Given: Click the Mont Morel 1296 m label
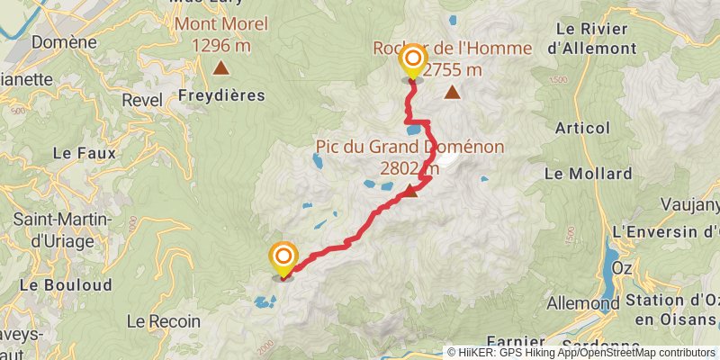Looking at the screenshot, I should pos(220,33).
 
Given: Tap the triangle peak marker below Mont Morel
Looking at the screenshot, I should pos(220,67).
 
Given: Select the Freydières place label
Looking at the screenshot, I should pos(220,94).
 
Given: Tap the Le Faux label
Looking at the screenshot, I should pos(84,153).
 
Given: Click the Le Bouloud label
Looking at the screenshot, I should pos(78,284).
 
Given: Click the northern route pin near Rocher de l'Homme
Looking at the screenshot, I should pos(412,64).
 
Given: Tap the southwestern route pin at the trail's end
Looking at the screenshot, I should pos(283,259).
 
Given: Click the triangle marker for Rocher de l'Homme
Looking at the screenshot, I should pos(452,92).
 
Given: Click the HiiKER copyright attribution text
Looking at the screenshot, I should pos(580,353).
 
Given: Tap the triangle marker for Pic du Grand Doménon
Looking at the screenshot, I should pos(410,190).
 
